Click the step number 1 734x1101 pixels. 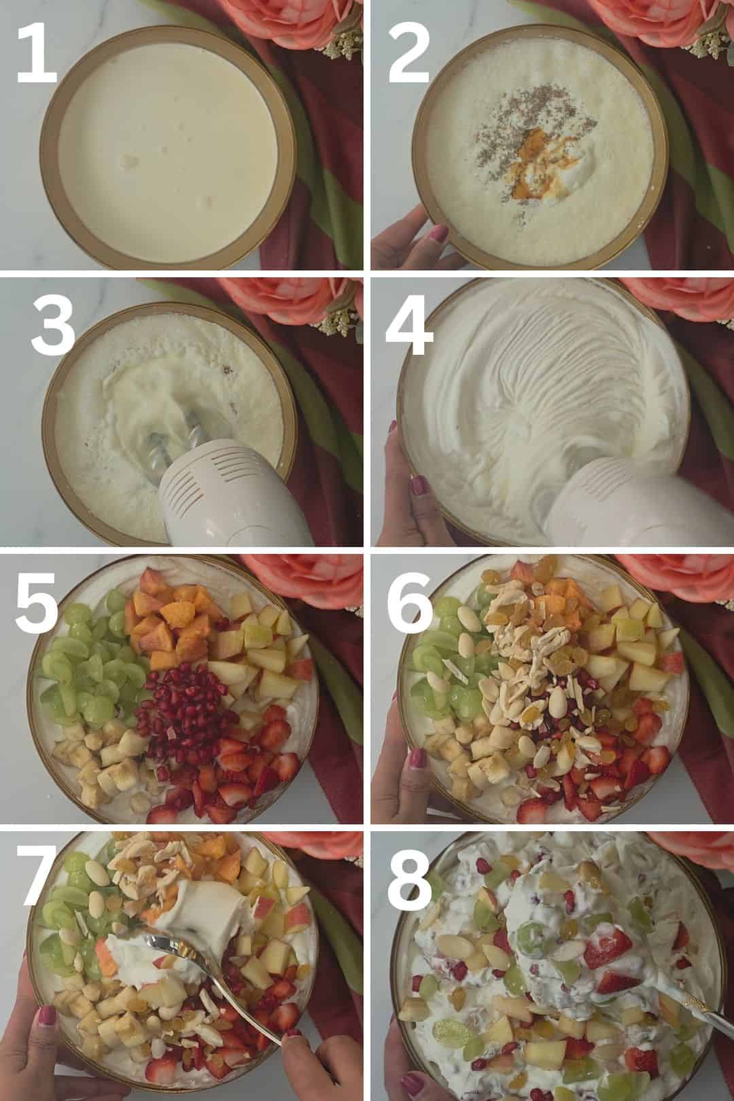tap(37, 54)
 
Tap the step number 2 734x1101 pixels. tap(409, 54)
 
